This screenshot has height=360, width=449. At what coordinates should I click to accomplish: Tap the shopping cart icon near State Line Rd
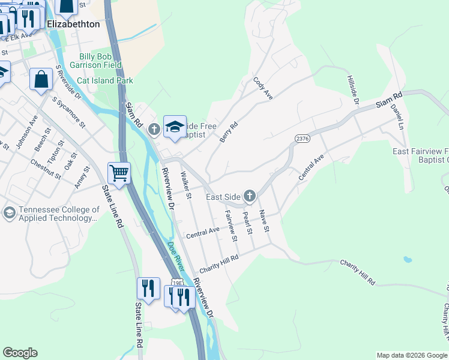click(x=119, y=173)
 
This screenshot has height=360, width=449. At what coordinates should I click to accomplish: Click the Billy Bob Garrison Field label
click(x=96, y=61)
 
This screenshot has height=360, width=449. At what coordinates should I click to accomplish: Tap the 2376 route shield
click(x=302, y=139)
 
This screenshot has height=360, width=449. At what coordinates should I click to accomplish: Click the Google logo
click(x=20, y=353)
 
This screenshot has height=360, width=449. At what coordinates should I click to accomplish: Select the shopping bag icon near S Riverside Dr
click(x=41, y=79)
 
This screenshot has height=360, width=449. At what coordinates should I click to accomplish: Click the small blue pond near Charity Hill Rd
click(x=408, y=260)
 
